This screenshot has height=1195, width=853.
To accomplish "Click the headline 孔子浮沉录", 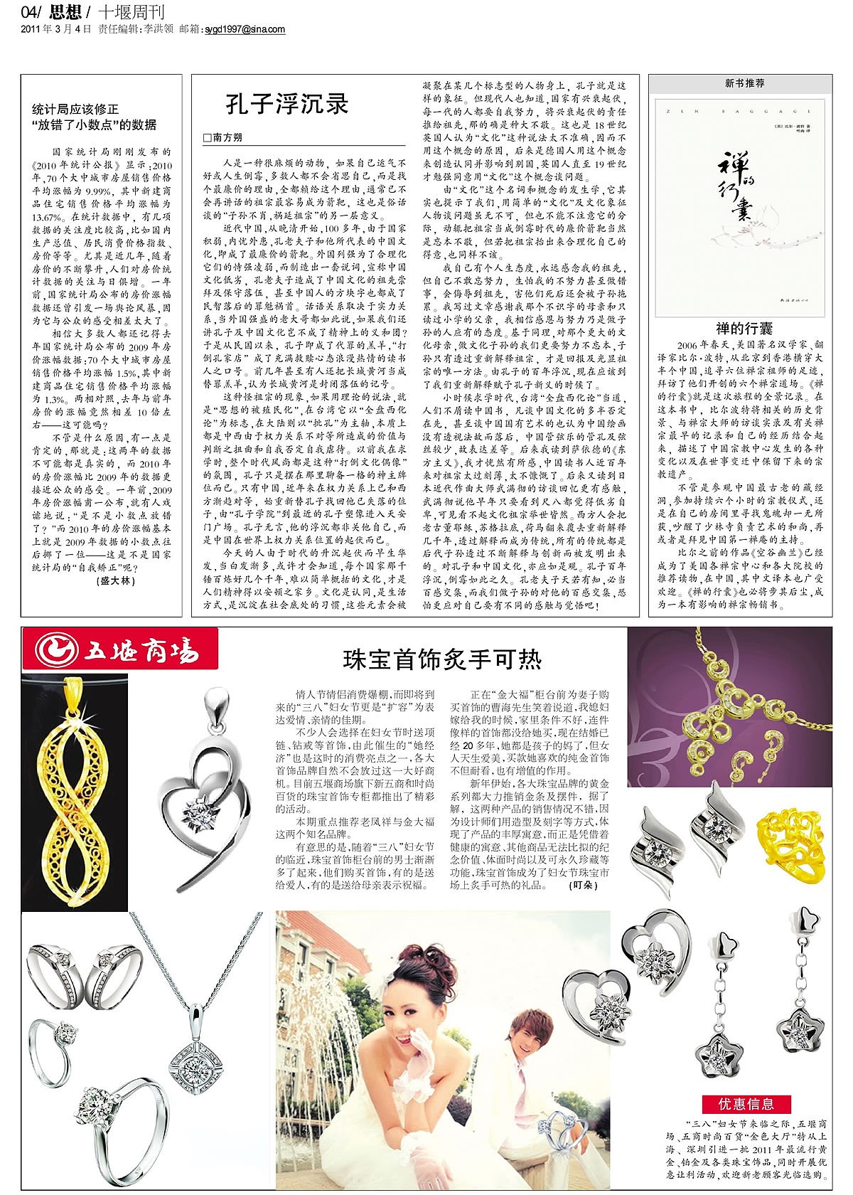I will tap(287, 104).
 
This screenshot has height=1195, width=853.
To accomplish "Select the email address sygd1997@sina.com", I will tap(245, 29).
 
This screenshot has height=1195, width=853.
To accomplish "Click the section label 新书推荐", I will tap(744, 83).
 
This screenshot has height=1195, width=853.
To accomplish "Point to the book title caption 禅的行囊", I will tap(744, 329).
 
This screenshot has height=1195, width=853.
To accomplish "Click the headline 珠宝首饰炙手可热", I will tap(441, 659).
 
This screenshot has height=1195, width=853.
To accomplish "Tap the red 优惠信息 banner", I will tap(746, 1104).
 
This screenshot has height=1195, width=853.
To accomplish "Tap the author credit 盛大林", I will tap(114, 580).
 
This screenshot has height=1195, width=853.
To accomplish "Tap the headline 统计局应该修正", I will tap(75, 110).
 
